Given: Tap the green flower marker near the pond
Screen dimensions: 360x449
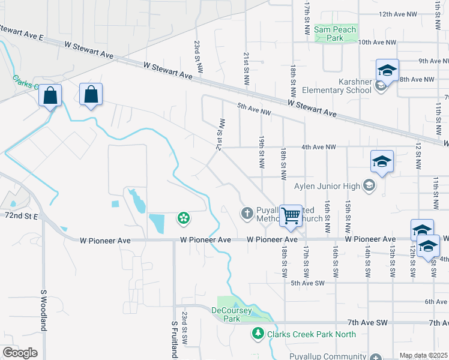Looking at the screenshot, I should [183, 218].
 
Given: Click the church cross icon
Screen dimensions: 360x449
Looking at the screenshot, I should [246, 213].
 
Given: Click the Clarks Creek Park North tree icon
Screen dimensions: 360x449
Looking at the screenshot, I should [258, 333].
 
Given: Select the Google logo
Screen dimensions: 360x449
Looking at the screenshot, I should [20, 353].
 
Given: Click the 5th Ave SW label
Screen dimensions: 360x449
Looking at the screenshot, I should [307, 283].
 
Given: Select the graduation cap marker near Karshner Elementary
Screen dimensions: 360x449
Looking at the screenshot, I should [387, 71].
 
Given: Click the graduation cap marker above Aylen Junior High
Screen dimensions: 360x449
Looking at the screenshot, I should [382, 162].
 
